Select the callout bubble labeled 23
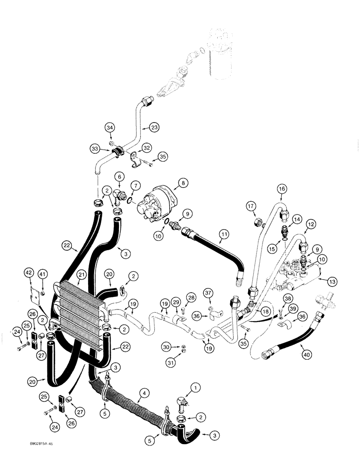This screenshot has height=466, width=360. click(x=155, y=127)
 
